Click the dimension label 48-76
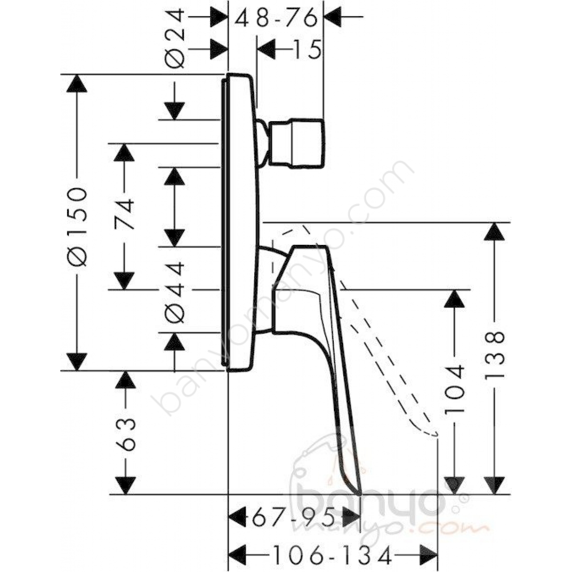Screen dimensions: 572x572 pyautogui.click(x=276, y=17)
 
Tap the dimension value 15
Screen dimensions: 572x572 pyautogui.click(x=307, y=49)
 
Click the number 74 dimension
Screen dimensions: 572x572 pyautogui.click(x=124, y=214)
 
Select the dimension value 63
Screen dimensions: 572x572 pyautogui.click(x=126, y=435)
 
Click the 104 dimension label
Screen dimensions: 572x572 pyautogui.click(x=454, y=389)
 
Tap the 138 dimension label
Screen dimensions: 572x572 pyautogui.click(x=495, y=355)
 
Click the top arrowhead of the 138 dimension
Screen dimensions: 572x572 pyautogui.click(x=495, y=232)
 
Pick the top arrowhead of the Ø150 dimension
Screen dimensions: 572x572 pyautogui.click(x=77, y=84)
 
